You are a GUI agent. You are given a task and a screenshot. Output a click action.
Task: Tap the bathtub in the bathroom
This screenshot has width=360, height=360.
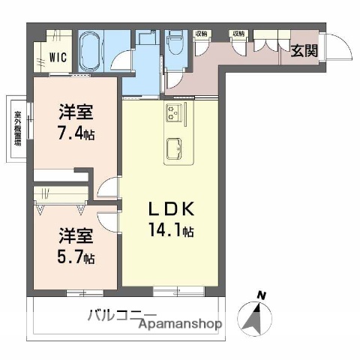point(93,50)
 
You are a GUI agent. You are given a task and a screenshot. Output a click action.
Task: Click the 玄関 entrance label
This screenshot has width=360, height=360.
point(304,51)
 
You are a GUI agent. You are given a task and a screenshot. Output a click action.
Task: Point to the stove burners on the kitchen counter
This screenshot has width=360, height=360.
point(175,115)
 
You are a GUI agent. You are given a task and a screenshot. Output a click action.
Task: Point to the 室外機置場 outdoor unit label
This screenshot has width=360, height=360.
point(16,128)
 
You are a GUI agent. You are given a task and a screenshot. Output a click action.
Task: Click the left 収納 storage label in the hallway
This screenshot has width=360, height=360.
point(202,34)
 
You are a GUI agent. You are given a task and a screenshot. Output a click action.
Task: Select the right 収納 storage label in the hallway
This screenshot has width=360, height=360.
point(238,34)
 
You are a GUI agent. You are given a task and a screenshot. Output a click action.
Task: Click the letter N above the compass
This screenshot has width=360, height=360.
point(260,295)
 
